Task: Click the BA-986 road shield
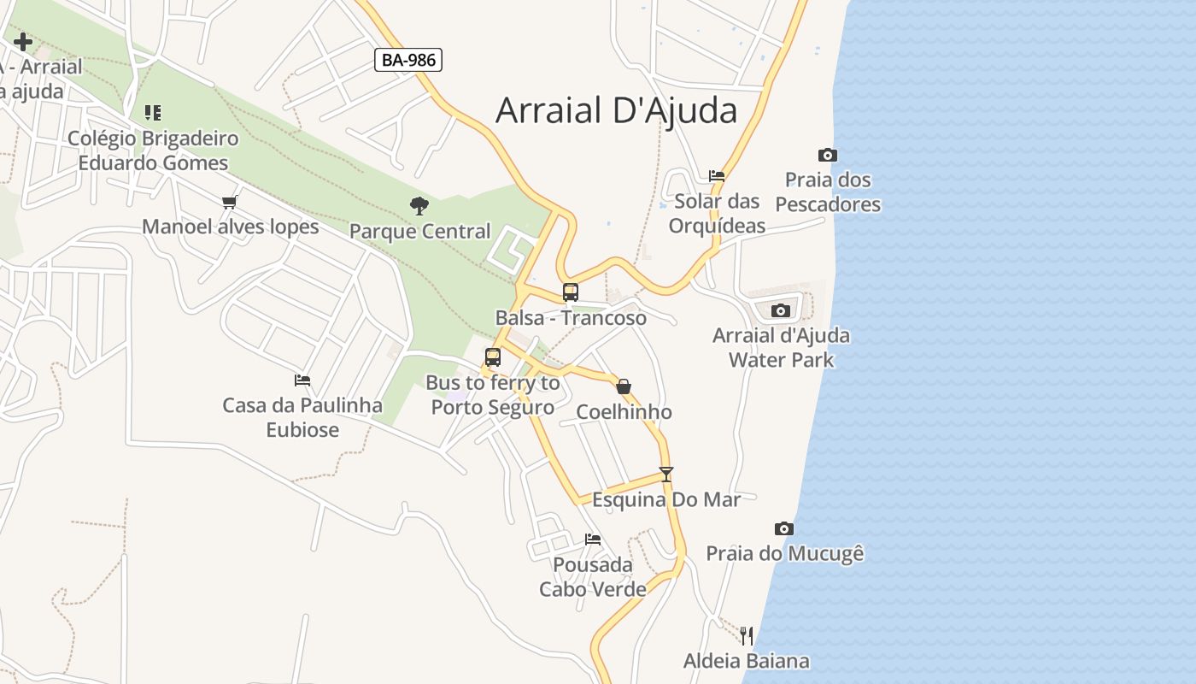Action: tap(407, 60)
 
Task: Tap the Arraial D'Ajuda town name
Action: tap(616, 110)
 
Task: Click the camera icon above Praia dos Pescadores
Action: tap(827, 155)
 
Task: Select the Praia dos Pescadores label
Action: tap(828, 192)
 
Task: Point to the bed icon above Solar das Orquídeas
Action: tap(717, 176)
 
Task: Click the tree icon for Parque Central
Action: tap(419, 205)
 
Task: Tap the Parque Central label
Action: tap(420, 231)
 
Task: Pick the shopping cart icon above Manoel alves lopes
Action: tap(229, 202)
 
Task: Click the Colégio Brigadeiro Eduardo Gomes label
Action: tap(153, 150)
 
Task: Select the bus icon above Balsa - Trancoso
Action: tap(571, 292)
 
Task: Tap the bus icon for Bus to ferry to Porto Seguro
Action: tap(493, 357)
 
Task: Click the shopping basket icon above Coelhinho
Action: tap(624, 386)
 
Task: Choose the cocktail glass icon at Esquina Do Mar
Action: tap(666, 474)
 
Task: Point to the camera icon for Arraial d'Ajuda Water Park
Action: tap(780, 310)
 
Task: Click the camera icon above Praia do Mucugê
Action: tap(783, 528)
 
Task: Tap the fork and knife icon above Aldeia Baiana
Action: tap(747, 635)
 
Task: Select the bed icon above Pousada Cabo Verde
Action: tap(593, 540)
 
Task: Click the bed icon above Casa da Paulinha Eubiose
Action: tap(302, 380)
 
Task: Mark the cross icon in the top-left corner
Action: tap(23, 41)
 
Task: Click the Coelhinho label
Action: tap(624, 412)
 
